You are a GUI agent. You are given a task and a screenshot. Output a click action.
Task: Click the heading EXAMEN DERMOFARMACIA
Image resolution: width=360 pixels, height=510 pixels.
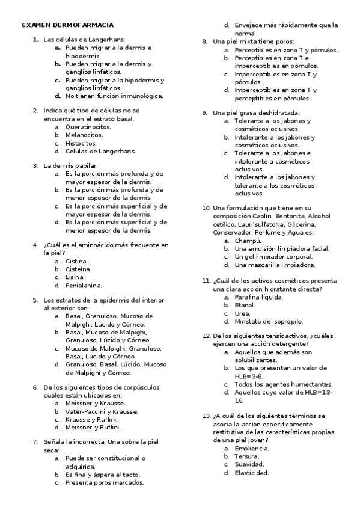click(x=67, y=26)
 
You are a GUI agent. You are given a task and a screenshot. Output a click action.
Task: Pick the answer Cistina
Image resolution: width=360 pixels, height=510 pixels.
click(x=76, y=262)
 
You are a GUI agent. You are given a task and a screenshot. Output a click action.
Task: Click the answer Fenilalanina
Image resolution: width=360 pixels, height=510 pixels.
click(x=84, y=285)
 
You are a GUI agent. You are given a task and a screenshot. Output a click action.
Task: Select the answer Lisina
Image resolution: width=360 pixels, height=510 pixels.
click(x=75, y=277)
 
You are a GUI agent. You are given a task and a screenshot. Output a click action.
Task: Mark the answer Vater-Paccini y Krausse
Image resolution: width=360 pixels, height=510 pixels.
click(x=102, y=411)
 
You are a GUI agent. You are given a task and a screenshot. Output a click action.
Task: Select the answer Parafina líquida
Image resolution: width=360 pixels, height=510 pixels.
click(x=258, y=296)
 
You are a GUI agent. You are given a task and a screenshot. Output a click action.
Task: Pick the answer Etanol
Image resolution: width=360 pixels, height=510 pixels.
click(x=245, y=305)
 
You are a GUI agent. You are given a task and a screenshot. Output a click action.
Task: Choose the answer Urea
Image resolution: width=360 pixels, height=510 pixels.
click(x=242, y=313)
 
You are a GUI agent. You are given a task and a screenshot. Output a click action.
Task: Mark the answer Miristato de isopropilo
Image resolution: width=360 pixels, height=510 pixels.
click(x=269, y=321)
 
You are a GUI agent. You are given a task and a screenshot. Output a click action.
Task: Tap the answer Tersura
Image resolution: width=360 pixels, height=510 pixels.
click(x=247, y=456)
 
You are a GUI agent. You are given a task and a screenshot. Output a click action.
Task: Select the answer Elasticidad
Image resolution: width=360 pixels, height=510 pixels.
click(x=251, y=472)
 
